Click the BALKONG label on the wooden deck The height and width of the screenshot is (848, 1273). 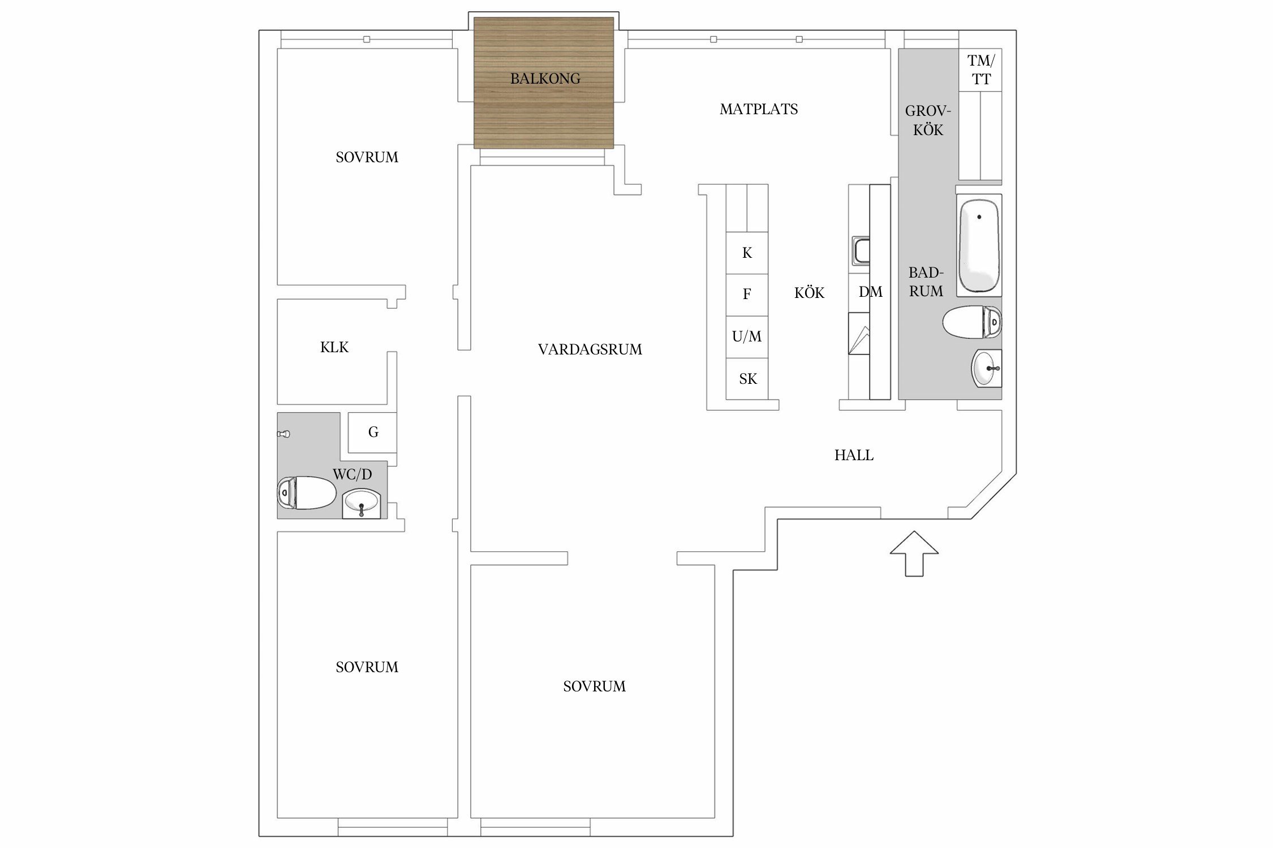[x=545, y=79]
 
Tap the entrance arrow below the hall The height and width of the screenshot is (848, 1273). [x=914, y=553]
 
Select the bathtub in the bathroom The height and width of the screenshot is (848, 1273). [x=979, y=245]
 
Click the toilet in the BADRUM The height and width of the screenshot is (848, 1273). [x=972, y=322]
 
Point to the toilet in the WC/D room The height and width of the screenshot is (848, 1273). [x=306, y=492]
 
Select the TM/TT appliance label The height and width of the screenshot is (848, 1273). [x=980, y=70]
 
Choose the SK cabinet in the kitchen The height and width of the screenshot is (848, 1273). [x=747, y=379]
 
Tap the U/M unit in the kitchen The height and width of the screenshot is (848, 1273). [x=747, y=337]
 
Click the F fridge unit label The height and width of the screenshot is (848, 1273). [x=747, y=294]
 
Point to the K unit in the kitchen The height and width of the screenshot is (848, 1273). [x=747, y=253]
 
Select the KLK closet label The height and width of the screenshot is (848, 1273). [x=334, y=347]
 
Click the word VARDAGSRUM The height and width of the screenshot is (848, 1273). [x=590, y=349]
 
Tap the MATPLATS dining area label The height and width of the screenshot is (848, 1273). [x=759, y=109]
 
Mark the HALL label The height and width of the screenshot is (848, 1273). [x=854, y=455]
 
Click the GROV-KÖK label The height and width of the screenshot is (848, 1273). [x=928, y=120]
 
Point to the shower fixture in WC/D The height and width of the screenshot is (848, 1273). [x=283, y=434]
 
